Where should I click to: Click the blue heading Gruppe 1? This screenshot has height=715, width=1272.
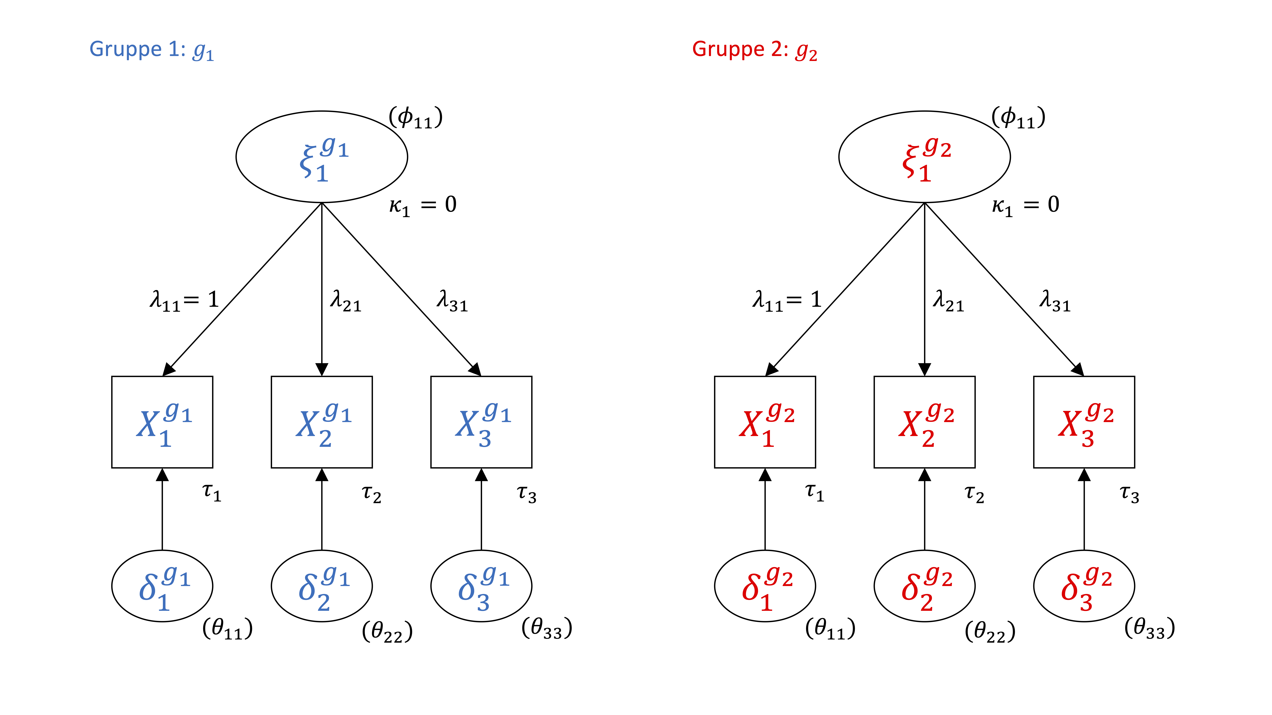(151, 50)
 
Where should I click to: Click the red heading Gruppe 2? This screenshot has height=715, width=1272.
(754, 50)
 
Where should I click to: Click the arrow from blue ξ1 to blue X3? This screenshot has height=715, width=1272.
(401, 289)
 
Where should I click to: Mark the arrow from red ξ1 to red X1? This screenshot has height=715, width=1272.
(845, 289)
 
